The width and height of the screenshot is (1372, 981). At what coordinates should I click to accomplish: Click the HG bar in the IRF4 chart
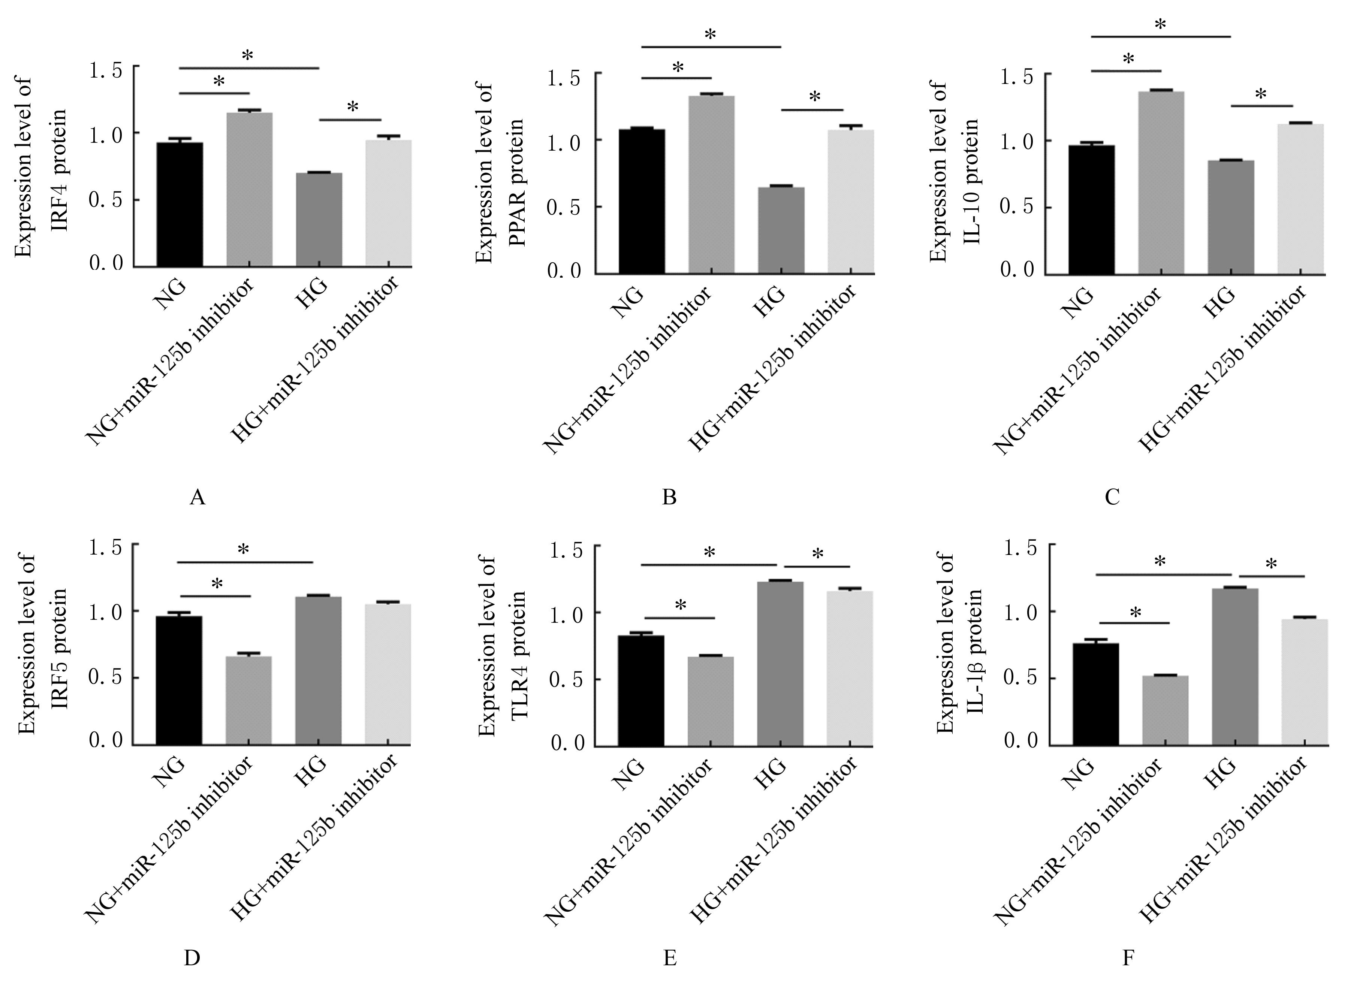pos(319,220)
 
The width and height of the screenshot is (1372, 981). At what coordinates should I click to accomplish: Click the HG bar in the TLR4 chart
pos(780,664)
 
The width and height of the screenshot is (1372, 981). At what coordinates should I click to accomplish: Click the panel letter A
pos(197,497)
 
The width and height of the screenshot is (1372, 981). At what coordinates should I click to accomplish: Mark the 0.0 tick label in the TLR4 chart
pos(567,743)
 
